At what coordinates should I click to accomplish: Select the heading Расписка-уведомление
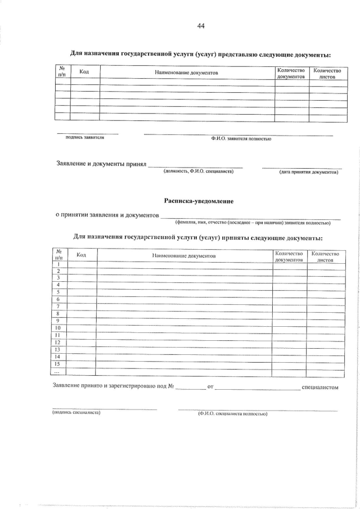199,201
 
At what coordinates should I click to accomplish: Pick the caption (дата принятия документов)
309,172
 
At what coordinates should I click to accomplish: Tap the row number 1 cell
58,264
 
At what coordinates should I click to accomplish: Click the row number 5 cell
58,292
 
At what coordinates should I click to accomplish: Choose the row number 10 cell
58,328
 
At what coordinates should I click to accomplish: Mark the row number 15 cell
58,364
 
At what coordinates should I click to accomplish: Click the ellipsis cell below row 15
58,372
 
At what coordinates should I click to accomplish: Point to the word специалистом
320,388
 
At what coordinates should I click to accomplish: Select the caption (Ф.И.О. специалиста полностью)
232,414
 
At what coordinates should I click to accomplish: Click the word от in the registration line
210,388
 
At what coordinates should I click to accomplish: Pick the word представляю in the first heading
230,54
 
